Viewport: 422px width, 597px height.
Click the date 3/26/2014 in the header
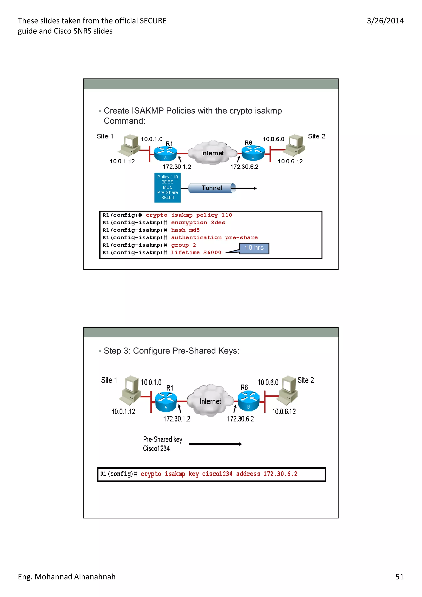pos(385,21)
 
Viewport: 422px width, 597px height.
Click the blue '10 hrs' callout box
pos(254,248)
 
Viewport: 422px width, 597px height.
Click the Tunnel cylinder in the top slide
pos(211,188)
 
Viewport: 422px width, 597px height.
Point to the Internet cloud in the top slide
pos(212,153)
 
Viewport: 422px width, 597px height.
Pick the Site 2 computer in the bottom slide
pos(288,390)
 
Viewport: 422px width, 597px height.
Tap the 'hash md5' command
pos(185,230)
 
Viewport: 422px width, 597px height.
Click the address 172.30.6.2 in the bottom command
pos(280,474)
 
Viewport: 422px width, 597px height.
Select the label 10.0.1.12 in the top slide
pos(122,162)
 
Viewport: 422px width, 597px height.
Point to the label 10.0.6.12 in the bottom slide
pos(284,412)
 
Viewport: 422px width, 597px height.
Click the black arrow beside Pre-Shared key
pos(215,444)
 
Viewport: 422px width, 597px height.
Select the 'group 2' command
pos(183,245)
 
